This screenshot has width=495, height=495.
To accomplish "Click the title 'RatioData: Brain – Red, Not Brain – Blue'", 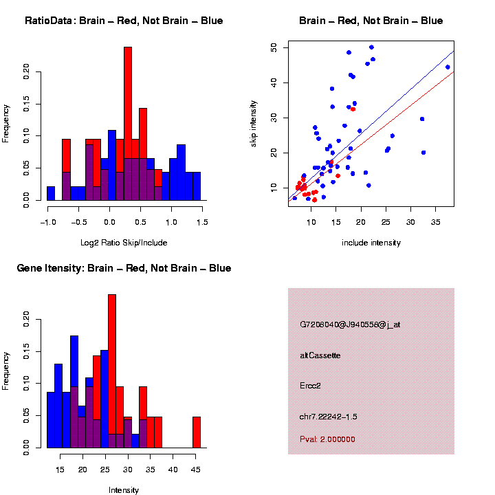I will tap(124, 21).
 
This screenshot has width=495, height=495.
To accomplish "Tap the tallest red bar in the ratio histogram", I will tap(128, 103).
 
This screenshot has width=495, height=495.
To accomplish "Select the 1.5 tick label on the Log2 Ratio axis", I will tap(201, 222).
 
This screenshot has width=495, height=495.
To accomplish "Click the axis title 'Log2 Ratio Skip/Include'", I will tap(124, 243).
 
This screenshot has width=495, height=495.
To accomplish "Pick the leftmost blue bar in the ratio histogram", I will tap(51, 193).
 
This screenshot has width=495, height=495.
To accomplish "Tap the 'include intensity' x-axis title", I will tap(371, 243).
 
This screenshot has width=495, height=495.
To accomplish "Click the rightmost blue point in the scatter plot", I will tap(448, 67).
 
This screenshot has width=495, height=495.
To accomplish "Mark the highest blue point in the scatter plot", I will tap(371, 47).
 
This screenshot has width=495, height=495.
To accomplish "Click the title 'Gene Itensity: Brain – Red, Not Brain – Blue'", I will tap(124, 268).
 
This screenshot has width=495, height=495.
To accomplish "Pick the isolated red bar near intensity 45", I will tap(197, 432).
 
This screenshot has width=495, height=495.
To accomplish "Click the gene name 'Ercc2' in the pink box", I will tap(311, 386).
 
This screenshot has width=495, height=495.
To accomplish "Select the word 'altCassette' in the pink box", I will tap(320, 355).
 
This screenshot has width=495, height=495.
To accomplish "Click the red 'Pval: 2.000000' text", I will tap(328, 439).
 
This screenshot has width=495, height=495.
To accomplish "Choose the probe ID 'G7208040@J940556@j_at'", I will tap(350, 324).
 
